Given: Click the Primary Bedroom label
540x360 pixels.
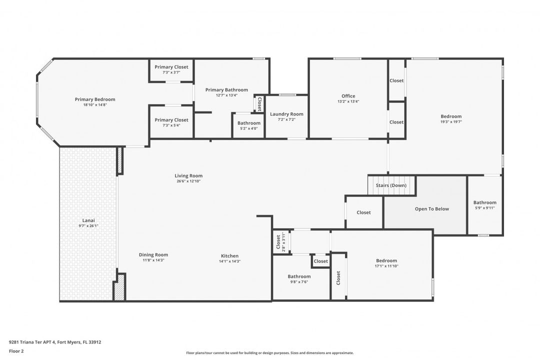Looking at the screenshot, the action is pyautogui.click(x=95, y=99).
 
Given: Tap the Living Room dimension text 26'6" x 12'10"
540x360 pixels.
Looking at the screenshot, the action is pyautogui.click(x=188, y=181).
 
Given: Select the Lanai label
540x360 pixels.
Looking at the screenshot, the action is pyautogui.click(x=88, y=220).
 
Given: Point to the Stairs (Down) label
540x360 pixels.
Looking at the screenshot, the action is pyautogui.click(x=391, y=185).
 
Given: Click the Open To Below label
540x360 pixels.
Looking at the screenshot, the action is pyautogui.click(x=432, y=209).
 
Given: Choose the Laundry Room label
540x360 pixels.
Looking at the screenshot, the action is pyautogui.click(x=286, y=114).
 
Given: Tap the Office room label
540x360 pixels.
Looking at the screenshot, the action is pyautogui.click(x=348, y=96).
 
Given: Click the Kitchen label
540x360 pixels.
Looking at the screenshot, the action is pyautogui.click(x=229, y=256).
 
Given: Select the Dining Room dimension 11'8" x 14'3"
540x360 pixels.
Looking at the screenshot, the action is pyautogui.click(x=153, y=260).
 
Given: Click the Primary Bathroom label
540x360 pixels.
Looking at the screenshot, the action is pyautogui.click(x=226, y=90).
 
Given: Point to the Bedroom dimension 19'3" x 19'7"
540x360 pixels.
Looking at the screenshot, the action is pyautogui.click(x=451, y=121).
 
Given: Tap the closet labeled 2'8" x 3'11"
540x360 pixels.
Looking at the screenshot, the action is pyautogui.click(x=280, y=242).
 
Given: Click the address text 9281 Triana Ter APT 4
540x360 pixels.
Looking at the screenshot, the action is pyautogui.click(x=32, y=342).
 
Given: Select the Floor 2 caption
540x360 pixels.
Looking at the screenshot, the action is pyautogui.click(x=16, y=351).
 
